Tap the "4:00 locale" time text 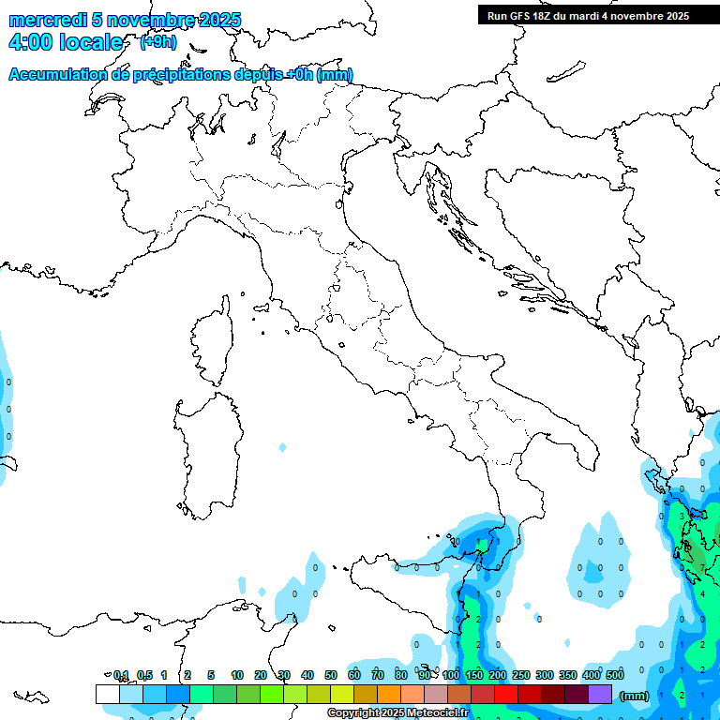pyautogui.click(x=66, y=43)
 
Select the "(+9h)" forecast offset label pyautogui.click(x=157, y=42)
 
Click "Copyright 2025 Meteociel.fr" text pyautogui.click(x=397, y=713)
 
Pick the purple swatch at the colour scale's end pyautogui.click(x=600, y=694)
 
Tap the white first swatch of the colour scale pyautogui.click(x=107, y=694)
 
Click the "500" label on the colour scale pyautogui.click(x=615, y=675)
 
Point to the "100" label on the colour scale pyautogui.click(x=451, y=675)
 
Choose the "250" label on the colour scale pyautogui.click(x=521, y=675)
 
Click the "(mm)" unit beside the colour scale pyautogui.click(x=635, y=696)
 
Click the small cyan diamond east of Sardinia pyautogui.click(x=282, y=448)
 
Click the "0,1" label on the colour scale pyautogui.click(x=121, y=675)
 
